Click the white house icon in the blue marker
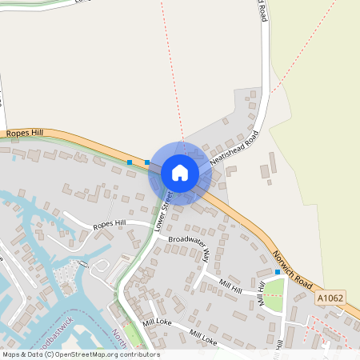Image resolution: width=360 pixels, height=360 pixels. [180, 173]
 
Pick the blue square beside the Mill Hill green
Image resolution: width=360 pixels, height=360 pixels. [278, 272]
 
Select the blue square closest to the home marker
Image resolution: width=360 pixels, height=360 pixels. [147, 162]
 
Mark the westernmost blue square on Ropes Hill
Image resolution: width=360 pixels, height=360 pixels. [130, 162]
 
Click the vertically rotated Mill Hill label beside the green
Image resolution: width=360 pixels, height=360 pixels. [261, 294]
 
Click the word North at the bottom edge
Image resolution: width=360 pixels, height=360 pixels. [120, 335]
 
